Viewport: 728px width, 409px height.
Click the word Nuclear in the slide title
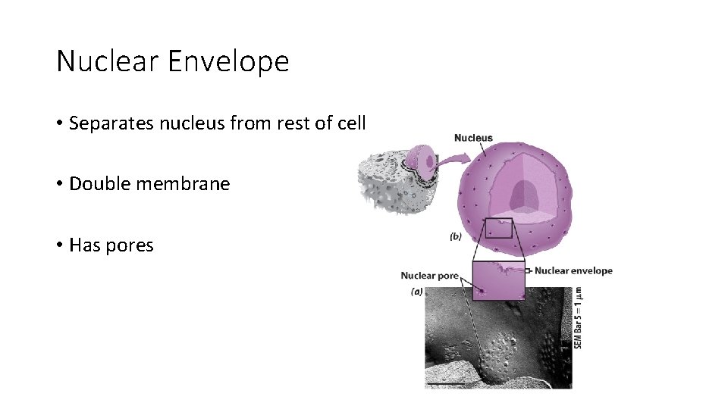click(107, 61)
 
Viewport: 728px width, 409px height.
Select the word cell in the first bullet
click(351, 123)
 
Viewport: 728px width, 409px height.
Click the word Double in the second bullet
click(97, 184)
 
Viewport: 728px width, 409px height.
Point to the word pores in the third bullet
click(133, 245)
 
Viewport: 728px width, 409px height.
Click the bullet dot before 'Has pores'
click(59, 245)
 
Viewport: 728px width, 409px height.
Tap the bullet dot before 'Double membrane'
click(59, 184)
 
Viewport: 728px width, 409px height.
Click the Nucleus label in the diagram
click(473, 138)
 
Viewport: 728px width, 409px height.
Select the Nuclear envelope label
click(573, 270)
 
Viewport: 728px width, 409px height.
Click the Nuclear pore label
click(429, 276)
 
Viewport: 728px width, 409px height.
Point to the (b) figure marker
click(455, 237)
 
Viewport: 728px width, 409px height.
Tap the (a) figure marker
click(416, 292)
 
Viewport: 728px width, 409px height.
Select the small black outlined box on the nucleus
click(498, 227)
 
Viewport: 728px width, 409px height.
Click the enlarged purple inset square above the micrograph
click(498, 279)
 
